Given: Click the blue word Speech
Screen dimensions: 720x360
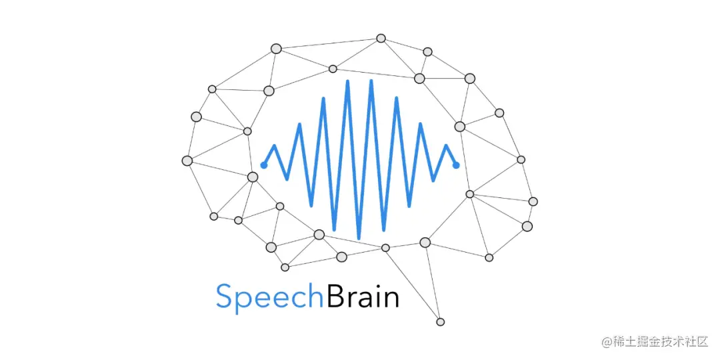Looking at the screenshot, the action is coord(270,297).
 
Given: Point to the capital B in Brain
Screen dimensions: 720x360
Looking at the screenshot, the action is coord(334,295).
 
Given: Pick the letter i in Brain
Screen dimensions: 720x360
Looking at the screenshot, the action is coord(373,295).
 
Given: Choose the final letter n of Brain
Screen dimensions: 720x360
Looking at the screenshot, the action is coord(390,299).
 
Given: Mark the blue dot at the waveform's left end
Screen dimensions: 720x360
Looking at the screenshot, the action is coord(264,165).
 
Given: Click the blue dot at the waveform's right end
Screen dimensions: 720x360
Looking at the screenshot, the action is coord(456,165).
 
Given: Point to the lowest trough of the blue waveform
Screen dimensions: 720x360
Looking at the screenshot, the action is coord(359,238).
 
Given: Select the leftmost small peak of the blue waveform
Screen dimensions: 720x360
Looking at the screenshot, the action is coord(274,145).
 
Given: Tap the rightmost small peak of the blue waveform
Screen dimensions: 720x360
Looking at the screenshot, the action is coord(446,145).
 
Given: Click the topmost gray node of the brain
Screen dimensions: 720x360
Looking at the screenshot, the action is coord(381,38).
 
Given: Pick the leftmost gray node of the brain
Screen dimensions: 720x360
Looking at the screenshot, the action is coord(187,161).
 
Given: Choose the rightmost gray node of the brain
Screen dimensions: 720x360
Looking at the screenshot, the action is coord(533,201).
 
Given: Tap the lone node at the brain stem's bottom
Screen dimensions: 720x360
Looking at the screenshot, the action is coord(440,322).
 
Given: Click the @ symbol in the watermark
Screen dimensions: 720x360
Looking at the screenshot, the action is coord(607,342).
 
